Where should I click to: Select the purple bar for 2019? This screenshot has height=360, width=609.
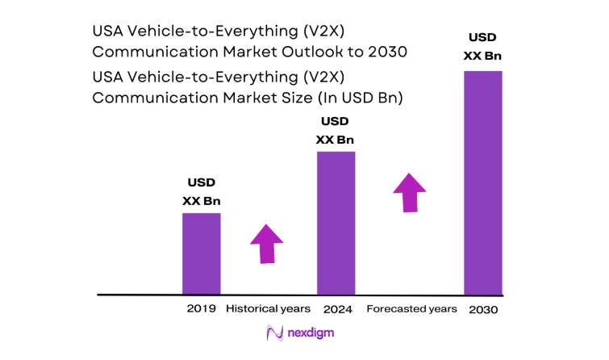(201, 253)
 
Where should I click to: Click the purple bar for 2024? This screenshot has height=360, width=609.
(336, 223)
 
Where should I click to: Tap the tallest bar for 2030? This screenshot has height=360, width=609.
(482, 182)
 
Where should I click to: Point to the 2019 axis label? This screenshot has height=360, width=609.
(201, 309)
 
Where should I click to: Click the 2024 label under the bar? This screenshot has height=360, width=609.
(336, 309)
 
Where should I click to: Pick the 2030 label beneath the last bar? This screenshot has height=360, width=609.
(482, 309)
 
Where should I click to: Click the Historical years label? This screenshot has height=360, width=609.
(268, 309)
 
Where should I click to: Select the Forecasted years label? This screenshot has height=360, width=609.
(411, 309)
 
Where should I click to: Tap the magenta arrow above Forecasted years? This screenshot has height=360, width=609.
(410, 192)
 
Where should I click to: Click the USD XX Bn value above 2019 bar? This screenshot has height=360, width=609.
(201, 192)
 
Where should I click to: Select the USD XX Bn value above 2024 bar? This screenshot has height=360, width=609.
(336, 131)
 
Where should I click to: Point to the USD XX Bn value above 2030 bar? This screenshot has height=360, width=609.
(482, 47)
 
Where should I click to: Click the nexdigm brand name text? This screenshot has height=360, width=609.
(313, 333)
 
